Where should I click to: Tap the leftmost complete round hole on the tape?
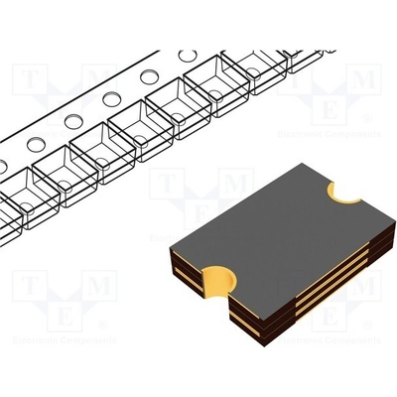tap(36, 145)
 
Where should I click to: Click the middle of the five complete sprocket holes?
tap(112, 99)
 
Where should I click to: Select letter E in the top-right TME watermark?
tap(346, 107)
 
